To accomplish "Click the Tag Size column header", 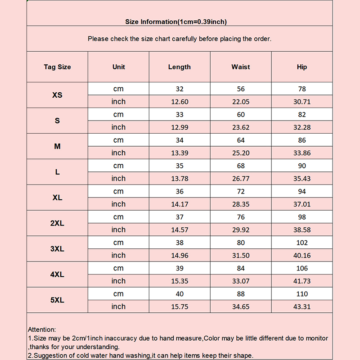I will [57, 67].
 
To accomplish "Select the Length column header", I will [180, 67].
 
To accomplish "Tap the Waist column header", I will [241, 67].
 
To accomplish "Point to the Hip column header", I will [302, 67].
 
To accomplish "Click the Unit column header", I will [119, 67].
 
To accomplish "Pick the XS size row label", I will [57, 95].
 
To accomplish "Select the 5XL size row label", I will [57, 300].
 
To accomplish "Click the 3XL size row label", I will [57, 249].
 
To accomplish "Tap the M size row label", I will [57, 147].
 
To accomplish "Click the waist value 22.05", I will [241, 102].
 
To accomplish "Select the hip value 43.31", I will [302, 306].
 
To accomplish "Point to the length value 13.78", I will [180, 179].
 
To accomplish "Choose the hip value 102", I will [302, 243].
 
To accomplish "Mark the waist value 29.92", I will [241, 229].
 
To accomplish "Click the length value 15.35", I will [180, 281].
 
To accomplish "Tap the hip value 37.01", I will [302, 204].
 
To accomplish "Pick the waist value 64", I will [241, 140].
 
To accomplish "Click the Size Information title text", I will [176, 22].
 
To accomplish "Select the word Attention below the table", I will [42, 330].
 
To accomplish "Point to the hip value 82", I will [302, 114].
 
